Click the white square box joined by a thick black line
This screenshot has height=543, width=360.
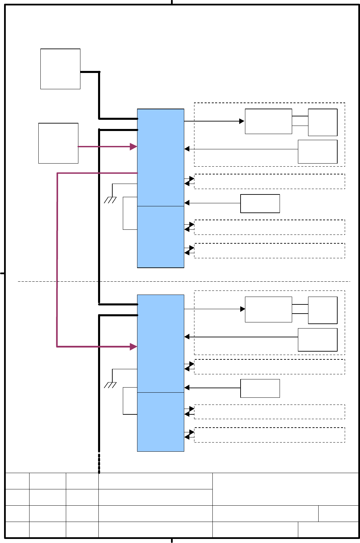tap(60, 69)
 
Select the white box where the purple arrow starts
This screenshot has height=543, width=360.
tap(58, 143)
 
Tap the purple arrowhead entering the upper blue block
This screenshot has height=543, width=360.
tap(134, 147)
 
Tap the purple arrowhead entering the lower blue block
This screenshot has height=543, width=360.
tap(134, 347)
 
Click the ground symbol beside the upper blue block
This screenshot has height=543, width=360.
tap(110, 200)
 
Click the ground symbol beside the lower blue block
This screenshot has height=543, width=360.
tap(110, 385)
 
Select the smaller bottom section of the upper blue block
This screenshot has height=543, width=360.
tap(160, 237)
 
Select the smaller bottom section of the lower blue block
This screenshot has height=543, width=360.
tap(160, 422)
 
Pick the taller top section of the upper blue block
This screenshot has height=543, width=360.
tap(160, 157)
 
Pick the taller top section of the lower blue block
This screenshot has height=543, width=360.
tap(160, 343)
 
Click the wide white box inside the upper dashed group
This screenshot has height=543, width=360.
tap(268, 121)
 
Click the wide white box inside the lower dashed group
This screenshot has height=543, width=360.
tap(268, 310)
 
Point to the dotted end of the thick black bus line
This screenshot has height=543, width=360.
tap(99, 464)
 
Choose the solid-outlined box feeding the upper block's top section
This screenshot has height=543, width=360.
tap(260, 204)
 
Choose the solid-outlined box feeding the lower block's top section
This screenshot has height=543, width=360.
tap(260, 388)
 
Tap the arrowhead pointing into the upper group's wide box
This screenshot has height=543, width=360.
tap(242, 121)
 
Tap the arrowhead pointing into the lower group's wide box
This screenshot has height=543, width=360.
tap(243, 309)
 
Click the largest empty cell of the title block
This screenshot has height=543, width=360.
tap(285, 489)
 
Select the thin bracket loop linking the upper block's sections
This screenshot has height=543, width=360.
tap(124, 213)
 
